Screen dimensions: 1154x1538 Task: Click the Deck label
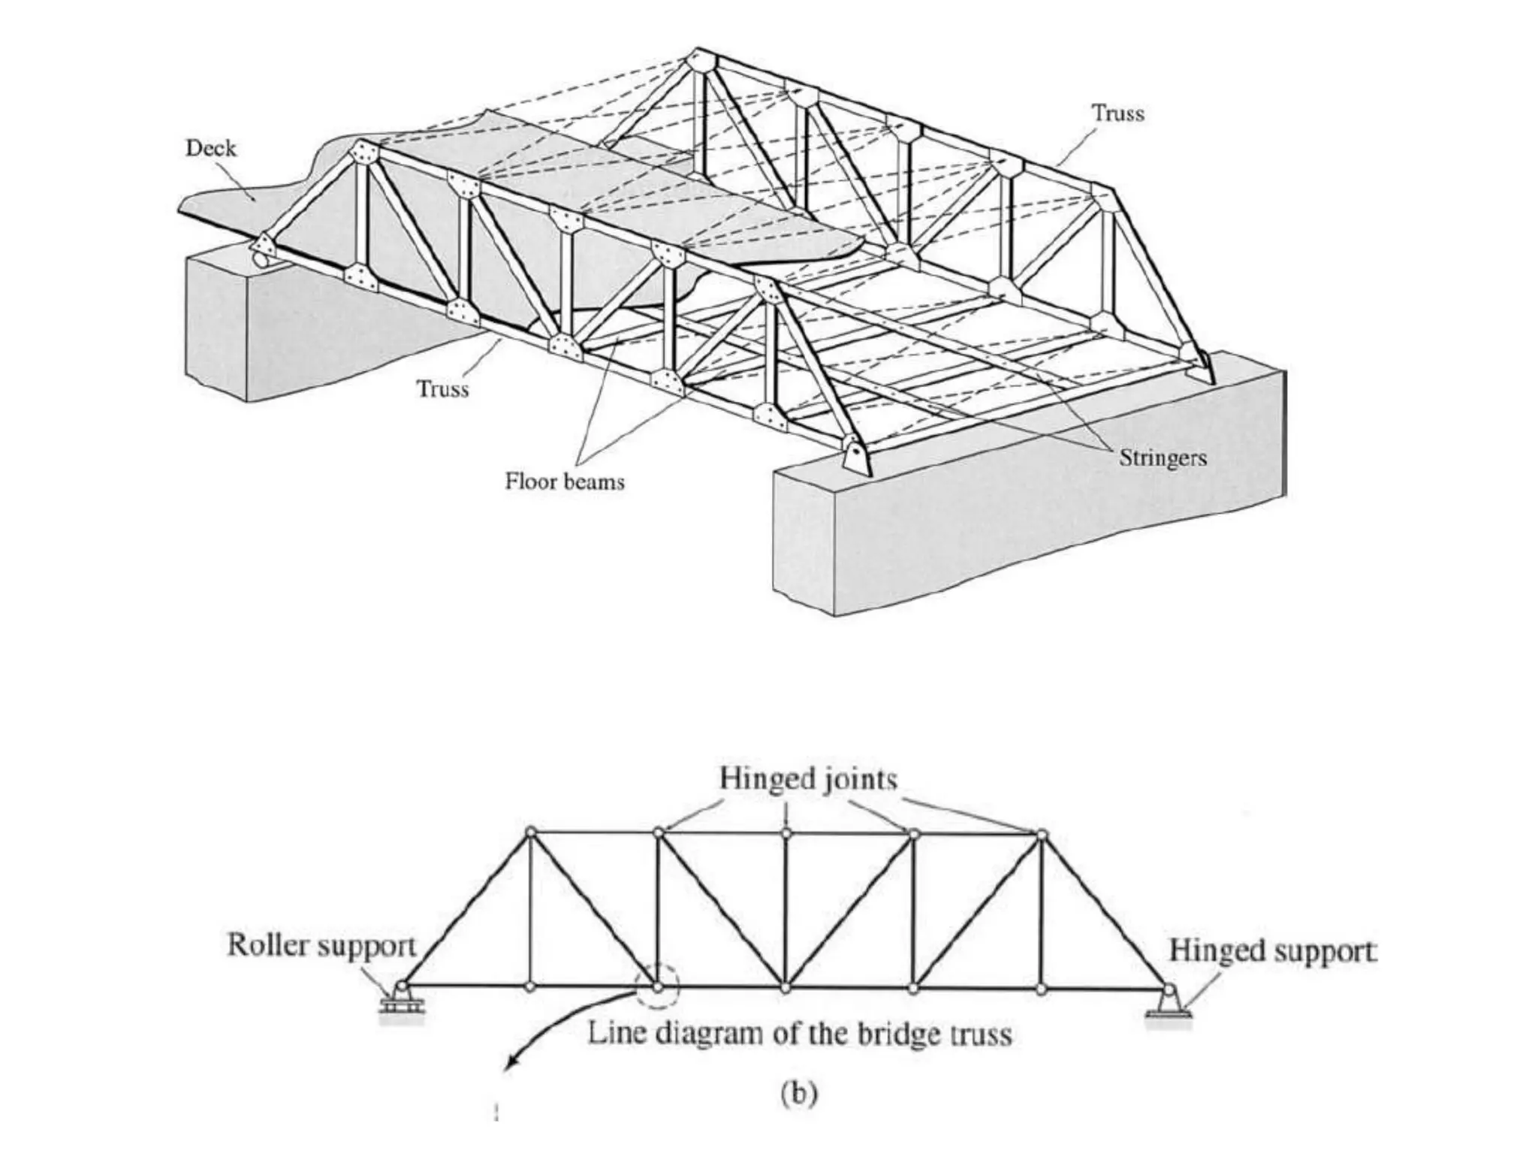210,148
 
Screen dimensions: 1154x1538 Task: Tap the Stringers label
1163,458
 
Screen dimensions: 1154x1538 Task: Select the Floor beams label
564,481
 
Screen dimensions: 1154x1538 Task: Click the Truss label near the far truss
1117,113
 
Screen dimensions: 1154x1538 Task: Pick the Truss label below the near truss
443,388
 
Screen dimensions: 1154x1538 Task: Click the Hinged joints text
808,778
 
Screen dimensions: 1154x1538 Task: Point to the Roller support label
321,945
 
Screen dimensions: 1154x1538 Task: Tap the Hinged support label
1272,950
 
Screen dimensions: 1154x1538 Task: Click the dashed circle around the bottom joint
658,987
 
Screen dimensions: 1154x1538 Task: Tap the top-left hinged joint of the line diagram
530,832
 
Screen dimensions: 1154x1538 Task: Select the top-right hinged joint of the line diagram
1041,833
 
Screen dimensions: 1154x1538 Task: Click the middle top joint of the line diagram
786,832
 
